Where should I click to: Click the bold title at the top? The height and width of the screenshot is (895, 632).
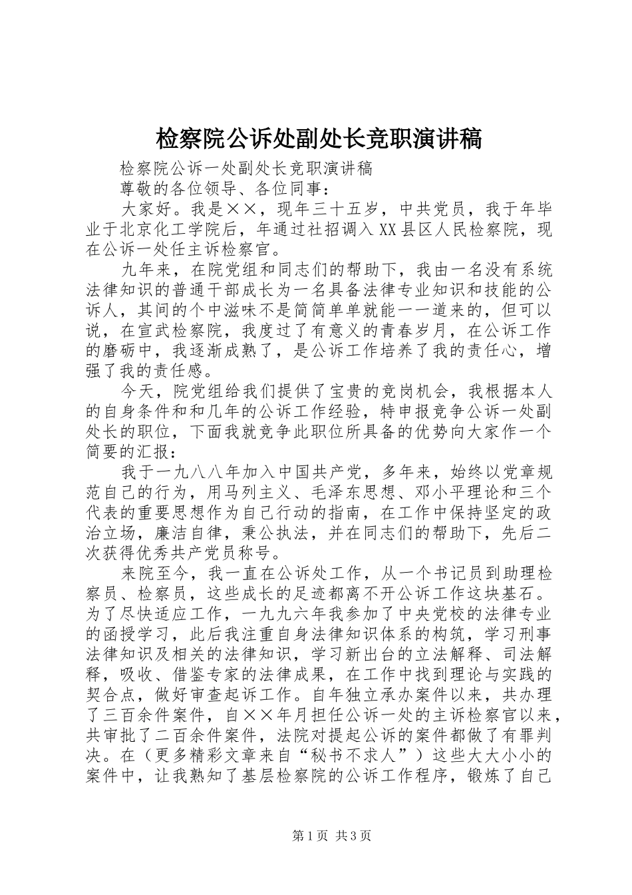tap(317, 139)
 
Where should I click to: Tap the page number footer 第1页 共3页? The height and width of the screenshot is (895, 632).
tap(331, 835)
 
